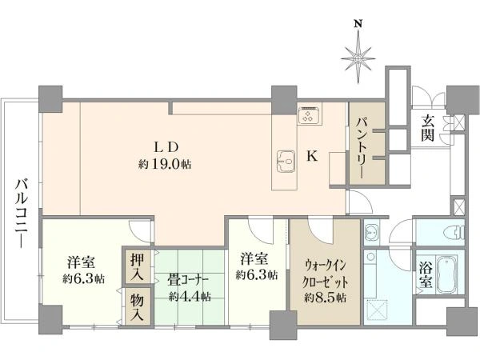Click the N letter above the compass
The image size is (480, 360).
(358, 24)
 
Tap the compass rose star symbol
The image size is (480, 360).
(358, 58)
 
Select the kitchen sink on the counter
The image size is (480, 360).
(285, 161)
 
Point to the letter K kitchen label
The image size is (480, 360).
(312, 157)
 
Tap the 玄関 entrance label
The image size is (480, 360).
(427, 128)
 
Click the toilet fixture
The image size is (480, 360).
(459, 232)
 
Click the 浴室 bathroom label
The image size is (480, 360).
(426, 276)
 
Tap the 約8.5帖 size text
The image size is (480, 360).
(325, 297)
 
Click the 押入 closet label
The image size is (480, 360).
(137, 266)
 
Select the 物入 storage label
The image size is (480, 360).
(137, 307)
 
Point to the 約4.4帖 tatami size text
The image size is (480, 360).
(190, 296)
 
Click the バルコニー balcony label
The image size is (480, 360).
(22, 213)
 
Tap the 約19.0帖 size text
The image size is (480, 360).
(165, 164)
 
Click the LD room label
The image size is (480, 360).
(166, 148)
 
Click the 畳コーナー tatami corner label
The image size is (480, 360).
(188, 280)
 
